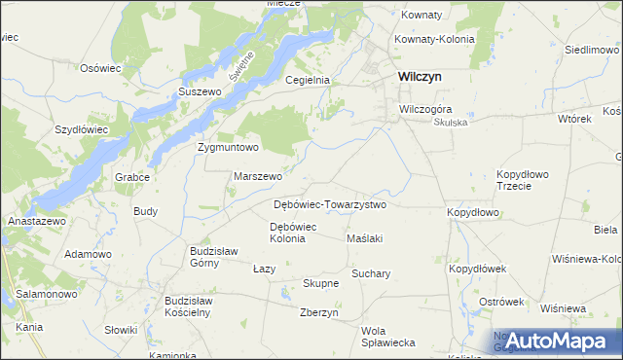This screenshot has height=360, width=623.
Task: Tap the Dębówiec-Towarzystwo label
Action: (x=330, y=205)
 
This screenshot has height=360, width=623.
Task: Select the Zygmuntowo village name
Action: (x=228, y=148)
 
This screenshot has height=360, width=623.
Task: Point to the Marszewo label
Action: (x=258, y=177)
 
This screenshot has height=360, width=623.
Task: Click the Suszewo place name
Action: (x=201, y=91)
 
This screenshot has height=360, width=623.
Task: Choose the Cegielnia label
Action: (x=308, y=81)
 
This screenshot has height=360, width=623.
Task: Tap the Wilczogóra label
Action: (x=426, y=109)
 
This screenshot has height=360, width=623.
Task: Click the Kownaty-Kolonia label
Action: (x=434, y=39)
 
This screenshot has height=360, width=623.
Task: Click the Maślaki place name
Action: (x=365, y=238)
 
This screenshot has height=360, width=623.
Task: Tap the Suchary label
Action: (x=371, y=273)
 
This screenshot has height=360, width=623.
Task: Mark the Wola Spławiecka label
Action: (x=388, y=337)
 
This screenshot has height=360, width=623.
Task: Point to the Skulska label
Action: (x=451, y=123)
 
